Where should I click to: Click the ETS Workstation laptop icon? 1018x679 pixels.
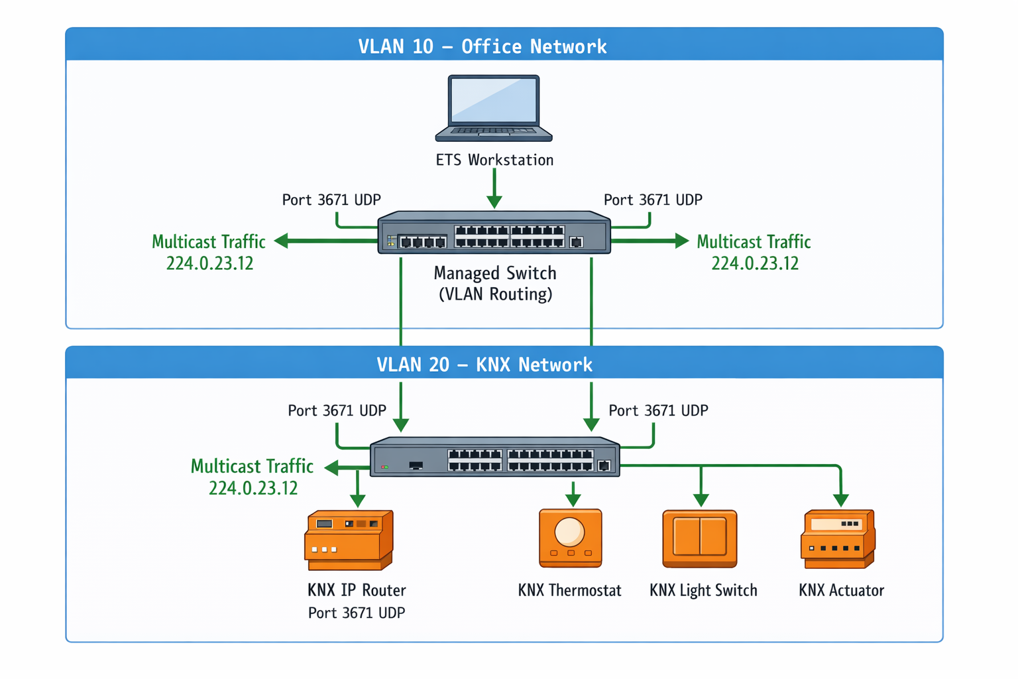click(494, 108)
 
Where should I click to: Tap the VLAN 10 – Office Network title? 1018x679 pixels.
click(482, 46)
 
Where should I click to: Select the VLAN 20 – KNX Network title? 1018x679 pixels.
click(484, 365)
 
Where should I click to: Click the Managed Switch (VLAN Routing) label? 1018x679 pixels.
click(495, 283)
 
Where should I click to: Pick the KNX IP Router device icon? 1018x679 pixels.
click(349, 540)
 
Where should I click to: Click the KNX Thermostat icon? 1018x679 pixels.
click(571, 538)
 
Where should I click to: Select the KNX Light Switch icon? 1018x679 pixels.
click(700, 538)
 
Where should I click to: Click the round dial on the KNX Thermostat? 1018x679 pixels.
click(569, 531)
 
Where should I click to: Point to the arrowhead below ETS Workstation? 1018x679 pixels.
click(494, 202)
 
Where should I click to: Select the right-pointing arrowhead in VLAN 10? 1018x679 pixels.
click(681, 241)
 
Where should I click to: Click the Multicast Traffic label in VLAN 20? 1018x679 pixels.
click(252, 466)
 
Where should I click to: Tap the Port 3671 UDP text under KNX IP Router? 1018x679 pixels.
click(357, 613)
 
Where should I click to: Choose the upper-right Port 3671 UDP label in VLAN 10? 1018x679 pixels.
click(653, 200)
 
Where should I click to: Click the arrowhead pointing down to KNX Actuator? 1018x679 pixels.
click(840, 500)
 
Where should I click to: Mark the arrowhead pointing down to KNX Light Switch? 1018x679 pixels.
click(701, 500)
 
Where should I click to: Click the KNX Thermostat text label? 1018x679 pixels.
click(569, 590)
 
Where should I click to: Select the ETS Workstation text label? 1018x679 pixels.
click(494, 160)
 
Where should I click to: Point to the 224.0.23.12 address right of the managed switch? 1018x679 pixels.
click(755, 263)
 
